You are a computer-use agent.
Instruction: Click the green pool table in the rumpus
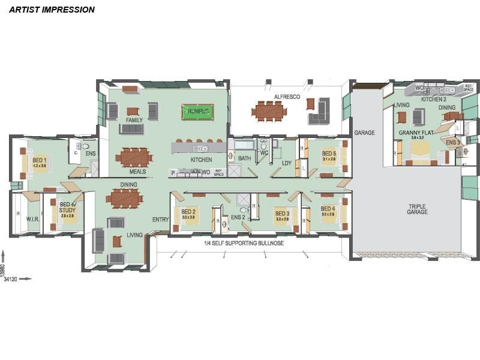click(198, 112)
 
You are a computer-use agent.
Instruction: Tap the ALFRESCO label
click(287, 97)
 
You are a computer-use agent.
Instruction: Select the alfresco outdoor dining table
click(269, 110)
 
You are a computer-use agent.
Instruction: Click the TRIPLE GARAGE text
click(417, 208)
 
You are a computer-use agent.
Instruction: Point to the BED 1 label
click(40, 159)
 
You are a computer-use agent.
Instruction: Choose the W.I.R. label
click(32, 220)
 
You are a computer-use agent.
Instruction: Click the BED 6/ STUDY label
click(67, 208)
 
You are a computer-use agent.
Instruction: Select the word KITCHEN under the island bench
click(201, 160)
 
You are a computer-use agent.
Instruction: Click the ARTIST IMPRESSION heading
click(52, 10)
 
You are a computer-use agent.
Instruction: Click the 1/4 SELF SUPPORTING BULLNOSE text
click(244, 244)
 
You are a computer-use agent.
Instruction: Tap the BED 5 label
click(328, 153)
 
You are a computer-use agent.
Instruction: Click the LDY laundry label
click(286, 163)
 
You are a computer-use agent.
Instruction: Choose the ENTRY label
click(160, 220)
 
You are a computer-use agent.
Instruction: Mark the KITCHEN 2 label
click(433, 99)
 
